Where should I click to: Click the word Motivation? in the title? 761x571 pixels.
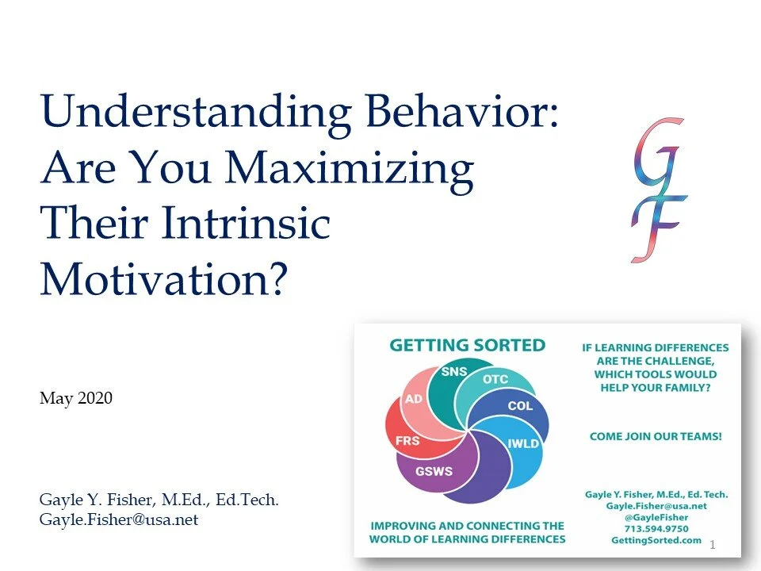163,278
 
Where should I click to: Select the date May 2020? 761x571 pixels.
76,398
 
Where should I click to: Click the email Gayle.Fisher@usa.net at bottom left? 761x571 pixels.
119,519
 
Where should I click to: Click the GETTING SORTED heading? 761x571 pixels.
467,346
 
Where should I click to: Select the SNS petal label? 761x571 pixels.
453,372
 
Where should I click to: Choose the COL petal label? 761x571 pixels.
520,406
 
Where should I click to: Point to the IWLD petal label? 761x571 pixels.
523,443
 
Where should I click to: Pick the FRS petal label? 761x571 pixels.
407,440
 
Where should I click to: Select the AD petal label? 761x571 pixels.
414,399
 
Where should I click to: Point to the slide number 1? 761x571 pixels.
713,545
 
